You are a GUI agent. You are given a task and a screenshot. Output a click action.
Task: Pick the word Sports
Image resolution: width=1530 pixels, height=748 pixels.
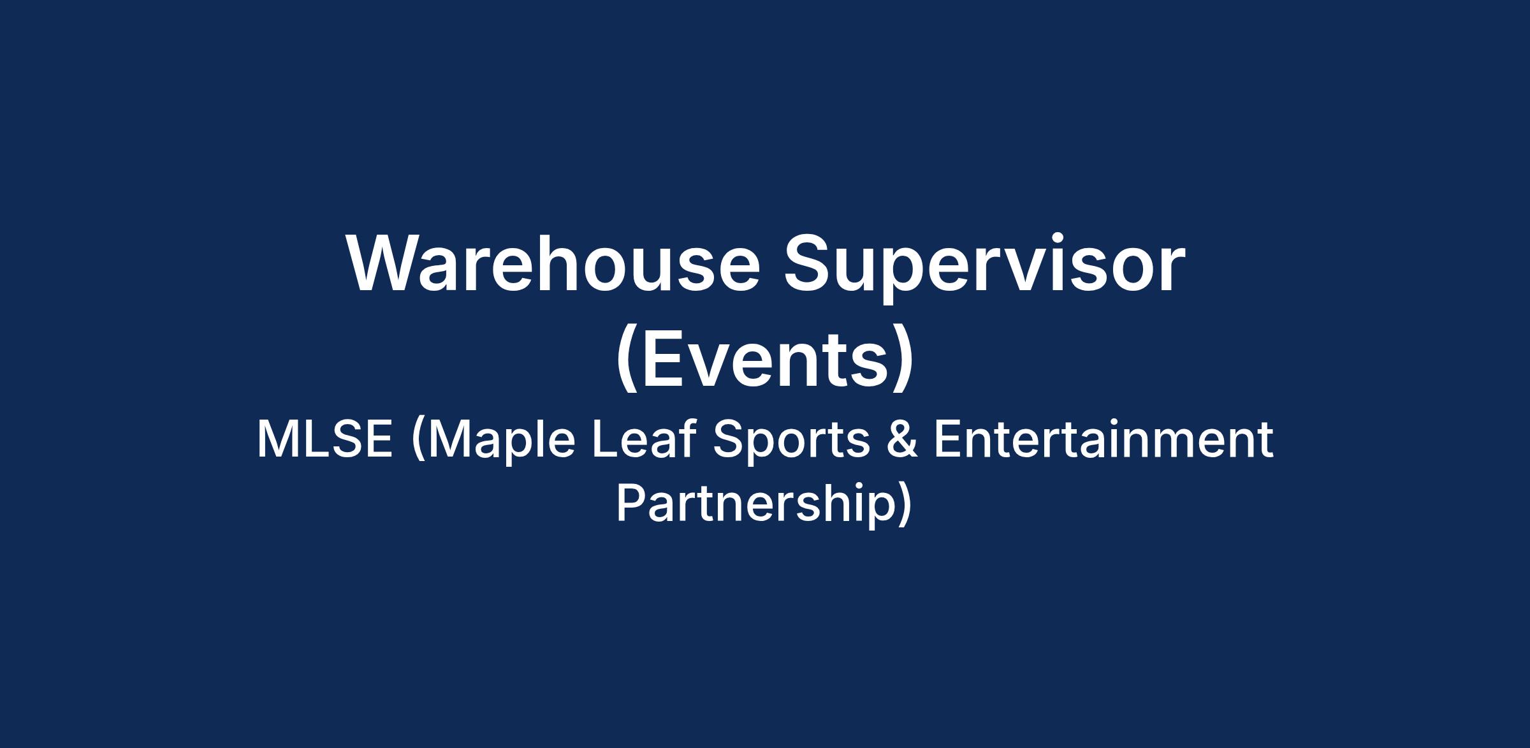click(x=791, y=443)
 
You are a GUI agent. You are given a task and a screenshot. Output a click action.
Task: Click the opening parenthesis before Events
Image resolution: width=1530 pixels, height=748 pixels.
click(x=627, y=360)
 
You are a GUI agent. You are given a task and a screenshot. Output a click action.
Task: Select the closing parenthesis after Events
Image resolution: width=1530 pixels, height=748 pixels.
click(x=903, y=360)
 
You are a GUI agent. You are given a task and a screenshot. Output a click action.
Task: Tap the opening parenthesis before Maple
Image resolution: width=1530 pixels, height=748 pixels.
click(x=418, y=441)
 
